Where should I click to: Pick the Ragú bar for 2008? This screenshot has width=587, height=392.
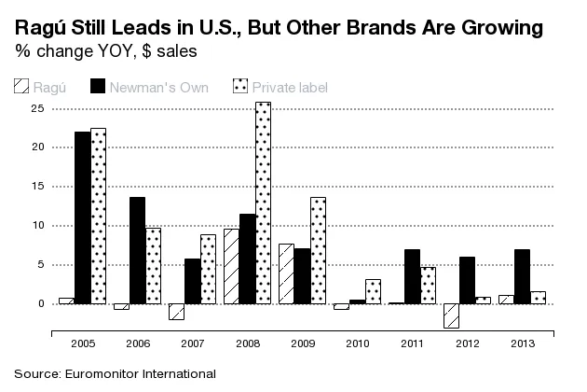pos(230,266)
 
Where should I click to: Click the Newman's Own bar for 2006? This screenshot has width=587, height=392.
pos(137,250)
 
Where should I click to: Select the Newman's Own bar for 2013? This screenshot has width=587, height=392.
pos(523,276)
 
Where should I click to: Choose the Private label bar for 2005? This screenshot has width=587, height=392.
pos(100,216)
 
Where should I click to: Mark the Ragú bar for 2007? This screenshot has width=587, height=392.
pos(176,312)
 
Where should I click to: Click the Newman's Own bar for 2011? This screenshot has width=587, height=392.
pos(413,276)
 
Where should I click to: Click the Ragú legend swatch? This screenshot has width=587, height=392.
pos(20,87)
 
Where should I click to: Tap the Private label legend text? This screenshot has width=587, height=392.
pos(293,87)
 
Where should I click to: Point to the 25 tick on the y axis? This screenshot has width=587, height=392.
pos(38,108)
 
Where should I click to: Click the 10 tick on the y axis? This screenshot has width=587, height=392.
pos(38,226)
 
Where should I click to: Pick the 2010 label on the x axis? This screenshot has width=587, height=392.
pos(358,343)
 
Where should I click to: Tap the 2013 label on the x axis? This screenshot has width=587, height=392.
pos(523,343)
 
